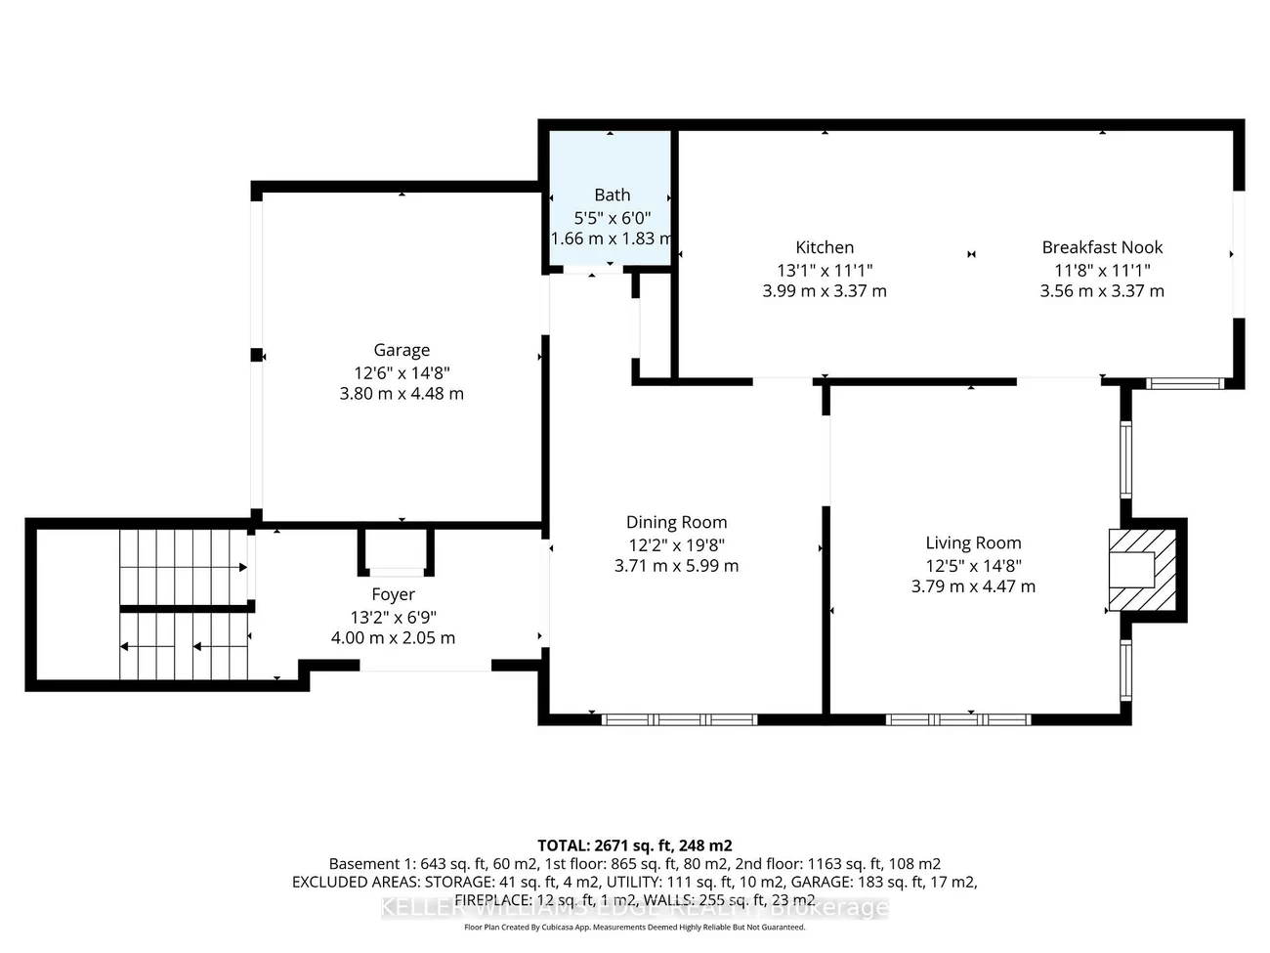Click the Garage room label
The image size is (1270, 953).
(402, 350)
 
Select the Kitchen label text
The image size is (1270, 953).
(825, 247)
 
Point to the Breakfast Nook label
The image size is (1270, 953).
(1102, 247)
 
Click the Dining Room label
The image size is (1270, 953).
(676, 522)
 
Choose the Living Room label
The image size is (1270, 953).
(973, 542)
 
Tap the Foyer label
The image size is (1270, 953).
(393, 594)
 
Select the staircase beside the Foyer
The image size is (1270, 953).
(184, 604)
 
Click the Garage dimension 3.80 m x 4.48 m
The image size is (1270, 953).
(402, 394)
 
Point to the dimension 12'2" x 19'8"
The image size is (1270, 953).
(676, 545)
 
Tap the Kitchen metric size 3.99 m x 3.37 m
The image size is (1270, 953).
(825, 290)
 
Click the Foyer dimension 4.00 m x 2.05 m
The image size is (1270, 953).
(393, 637)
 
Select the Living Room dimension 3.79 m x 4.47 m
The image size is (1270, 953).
(973, 586)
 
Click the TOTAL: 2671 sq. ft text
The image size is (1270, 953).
(635, 845)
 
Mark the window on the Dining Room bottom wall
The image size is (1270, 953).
(679, 719)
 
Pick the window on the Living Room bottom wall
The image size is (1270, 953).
(958, 719)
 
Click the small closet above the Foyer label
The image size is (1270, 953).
(396, 550)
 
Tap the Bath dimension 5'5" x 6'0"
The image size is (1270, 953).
(612, 218)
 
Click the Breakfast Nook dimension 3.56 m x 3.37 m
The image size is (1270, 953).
(1102, 290)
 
